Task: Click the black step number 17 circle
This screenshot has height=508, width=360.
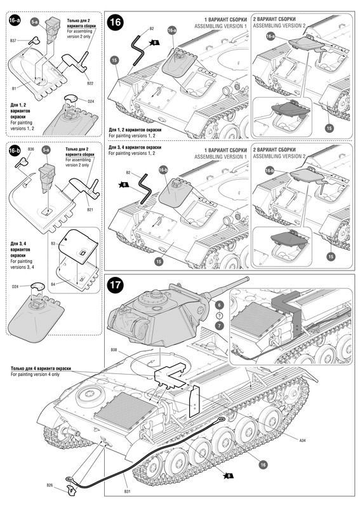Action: (116, 285)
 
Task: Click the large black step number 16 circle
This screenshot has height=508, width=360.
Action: (116, 22)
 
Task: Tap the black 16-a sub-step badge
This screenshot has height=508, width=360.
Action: (15, 20)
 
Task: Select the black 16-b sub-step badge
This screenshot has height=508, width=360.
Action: (15, 150)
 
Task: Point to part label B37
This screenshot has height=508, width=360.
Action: (13, 41)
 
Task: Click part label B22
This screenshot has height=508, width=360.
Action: (90, 83)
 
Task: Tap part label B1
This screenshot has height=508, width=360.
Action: (14, 88)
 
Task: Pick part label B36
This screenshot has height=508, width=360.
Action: (30, 149)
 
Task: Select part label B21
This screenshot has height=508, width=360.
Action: (90, 210)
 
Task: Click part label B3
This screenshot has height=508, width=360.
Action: (53, 243)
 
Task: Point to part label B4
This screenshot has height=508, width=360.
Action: (53, 284)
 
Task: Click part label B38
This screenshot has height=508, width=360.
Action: (114, 350)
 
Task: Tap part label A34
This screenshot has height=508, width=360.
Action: (302, 440)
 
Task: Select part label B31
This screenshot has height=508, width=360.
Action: (127, 491)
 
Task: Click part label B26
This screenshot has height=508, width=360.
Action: (50, 485)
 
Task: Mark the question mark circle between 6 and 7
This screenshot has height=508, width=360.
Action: (220, 315)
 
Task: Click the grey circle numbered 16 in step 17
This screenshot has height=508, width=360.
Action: (263, 465)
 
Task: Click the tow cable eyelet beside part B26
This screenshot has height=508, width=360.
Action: (69, 479)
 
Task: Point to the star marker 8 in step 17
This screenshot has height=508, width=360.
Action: (228, 476)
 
